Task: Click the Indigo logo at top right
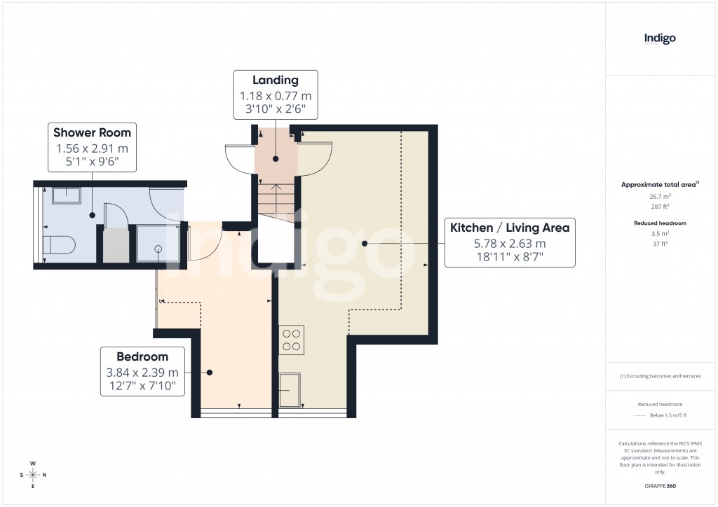[660, 39]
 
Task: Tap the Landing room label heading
[276, 81]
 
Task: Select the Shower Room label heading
[92, 132]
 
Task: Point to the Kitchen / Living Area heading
[510, 228]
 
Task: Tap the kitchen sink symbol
[288, 390]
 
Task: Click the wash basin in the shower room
[67, 195]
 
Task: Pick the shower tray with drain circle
[158, 244]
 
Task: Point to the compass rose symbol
[32, 474]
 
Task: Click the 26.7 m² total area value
[659, 197]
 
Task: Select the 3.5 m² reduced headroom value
[659, 233]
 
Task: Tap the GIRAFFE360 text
[659, 485]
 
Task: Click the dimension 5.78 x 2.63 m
[510, 244]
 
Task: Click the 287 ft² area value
[659, 207]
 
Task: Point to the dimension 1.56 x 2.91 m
[92, 148]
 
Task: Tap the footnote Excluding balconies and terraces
[659, 376]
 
